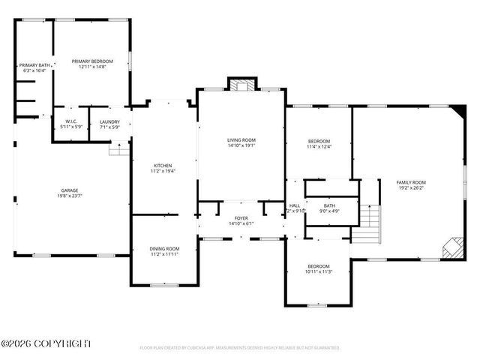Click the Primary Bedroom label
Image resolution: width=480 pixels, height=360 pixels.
[92, 61]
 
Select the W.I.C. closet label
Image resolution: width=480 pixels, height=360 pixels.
[71, 121]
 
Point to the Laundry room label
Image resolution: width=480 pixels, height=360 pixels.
[109, 121]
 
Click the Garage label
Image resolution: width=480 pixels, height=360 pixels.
[70, 190]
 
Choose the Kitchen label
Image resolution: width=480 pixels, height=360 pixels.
[163, 166]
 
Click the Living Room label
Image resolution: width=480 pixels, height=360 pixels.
[241, 140]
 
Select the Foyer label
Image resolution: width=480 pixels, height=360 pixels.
[241, 218]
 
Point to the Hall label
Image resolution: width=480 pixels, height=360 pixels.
[295, 205]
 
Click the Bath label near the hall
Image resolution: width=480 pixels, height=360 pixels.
[329, 205]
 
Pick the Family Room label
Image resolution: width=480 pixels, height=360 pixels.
[411, 182]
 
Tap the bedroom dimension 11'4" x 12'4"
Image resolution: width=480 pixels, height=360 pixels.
[319, 146]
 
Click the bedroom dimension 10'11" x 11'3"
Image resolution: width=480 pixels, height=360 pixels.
[318, 271]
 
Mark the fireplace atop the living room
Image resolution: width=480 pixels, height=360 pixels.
[241, 85]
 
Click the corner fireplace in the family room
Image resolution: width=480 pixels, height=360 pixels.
[452, 247]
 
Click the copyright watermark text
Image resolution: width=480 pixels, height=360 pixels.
[46, 343]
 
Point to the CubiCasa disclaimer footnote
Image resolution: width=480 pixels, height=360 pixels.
[240, 348]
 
